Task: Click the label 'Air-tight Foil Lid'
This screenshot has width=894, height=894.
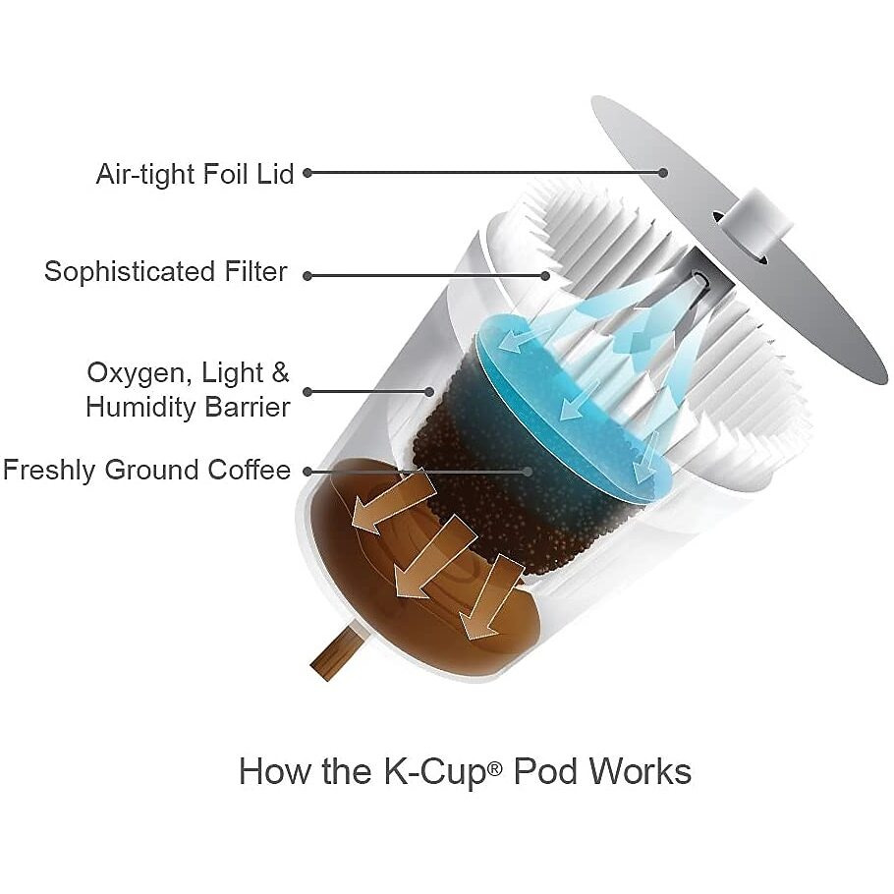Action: point(195,174)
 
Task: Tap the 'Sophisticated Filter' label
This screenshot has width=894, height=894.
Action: point(165,271)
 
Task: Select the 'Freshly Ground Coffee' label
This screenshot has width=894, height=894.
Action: point(146,471)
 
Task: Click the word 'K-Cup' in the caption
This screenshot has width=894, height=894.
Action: point(435,772)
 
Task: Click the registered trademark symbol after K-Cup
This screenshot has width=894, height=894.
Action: point(495,768)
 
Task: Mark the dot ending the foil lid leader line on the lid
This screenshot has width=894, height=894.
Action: point(662,172)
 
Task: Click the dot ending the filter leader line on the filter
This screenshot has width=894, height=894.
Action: point(545,276)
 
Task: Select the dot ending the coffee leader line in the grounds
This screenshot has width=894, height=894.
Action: point(528,472)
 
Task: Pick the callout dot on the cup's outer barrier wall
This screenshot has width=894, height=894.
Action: point(429,392)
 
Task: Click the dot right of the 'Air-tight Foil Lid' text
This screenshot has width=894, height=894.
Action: point(307,172)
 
